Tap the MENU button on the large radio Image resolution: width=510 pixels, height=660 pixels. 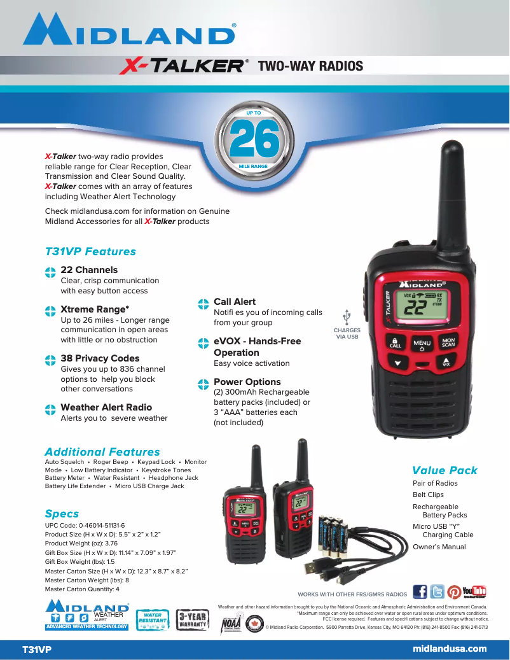[422, 344]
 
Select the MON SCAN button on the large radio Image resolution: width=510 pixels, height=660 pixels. [448, 342]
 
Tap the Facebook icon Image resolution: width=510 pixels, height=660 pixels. [420, 592]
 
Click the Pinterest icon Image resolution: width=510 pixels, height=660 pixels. [454, 592]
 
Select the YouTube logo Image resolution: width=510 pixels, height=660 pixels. [474, 592]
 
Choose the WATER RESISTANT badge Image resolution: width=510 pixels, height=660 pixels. [153, 619]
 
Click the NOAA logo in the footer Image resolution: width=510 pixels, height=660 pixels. [231, 624]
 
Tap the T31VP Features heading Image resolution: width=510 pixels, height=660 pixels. [90, 251]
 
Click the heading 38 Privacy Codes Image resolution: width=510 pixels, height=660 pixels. [100, 358]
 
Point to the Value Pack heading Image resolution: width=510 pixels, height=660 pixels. [445, 470]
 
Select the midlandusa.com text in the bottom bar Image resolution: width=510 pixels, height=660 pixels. [450, 649]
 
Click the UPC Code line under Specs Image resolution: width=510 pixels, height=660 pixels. [85, 525]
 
